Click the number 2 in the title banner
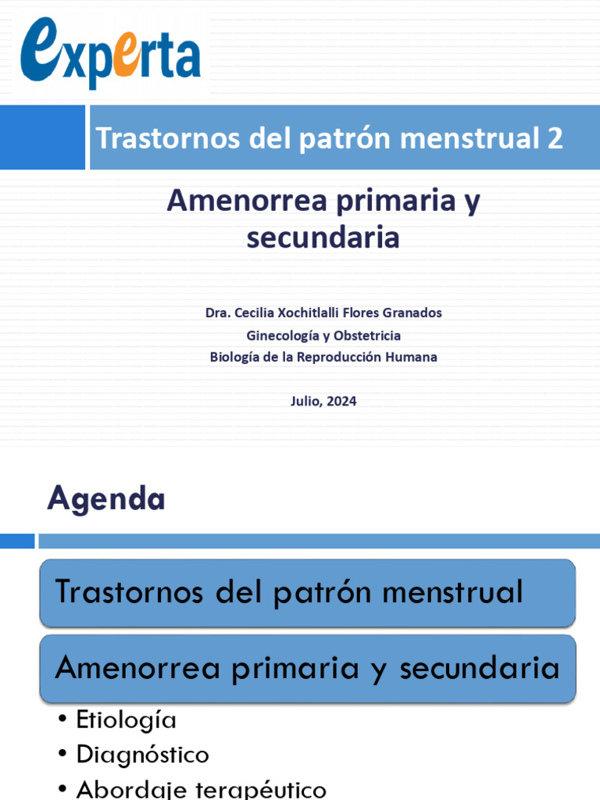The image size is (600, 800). pos(554,138)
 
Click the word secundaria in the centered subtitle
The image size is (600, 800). pos(323,237)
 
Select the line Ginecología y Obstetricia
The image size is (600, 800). pos(323,335)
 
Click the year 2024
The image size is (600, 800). pos(341,402)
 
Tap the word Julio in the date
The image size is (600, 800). pos(305,402)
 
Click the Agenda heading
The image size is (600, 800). pos(106,498)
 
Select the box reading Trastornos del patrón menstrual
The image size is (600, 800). pos(308,592)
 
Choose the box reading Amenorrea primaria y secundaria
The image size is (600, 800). pos(308,668)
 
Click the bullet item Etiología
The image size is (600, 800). pos(126,720)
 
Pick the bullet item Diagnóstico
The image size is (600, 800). pos(142,755)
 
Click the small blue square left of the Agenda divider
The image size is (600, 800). pos(17,541)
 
